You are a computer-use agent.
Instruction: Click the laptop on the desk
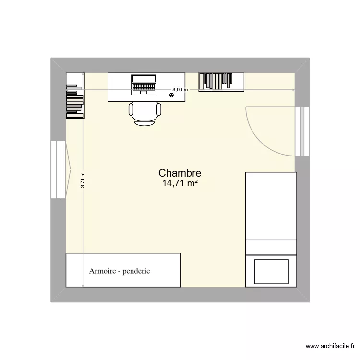[144, 84]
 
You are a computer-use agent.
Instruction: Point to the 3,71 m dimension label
[83, 180]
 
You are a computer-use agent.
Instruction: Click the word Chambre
[180, 173]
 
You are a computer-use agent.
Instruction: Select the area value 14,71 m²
[180, 183]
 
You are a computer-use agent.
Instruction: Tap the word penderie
[136, 271]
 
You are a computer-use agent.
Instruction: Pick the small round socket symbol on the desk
[172, 96]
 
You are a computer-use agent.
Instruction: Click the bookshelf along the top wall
[221, 81]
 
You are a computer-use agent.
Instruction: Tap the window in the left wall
[58, 169]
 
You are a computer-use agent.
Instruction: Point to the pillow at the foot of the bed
[271, 271]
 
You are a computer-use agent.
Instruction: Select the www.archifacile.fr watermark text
[331, 346]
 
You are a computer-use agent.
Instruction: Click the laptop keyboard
[144, 86]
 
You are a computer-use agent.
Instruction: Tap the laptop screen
[144, 79]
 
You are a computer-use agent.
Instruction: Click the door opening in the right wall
[302, 131]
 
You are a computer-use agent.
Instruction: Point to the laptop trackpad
[144, 92]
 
